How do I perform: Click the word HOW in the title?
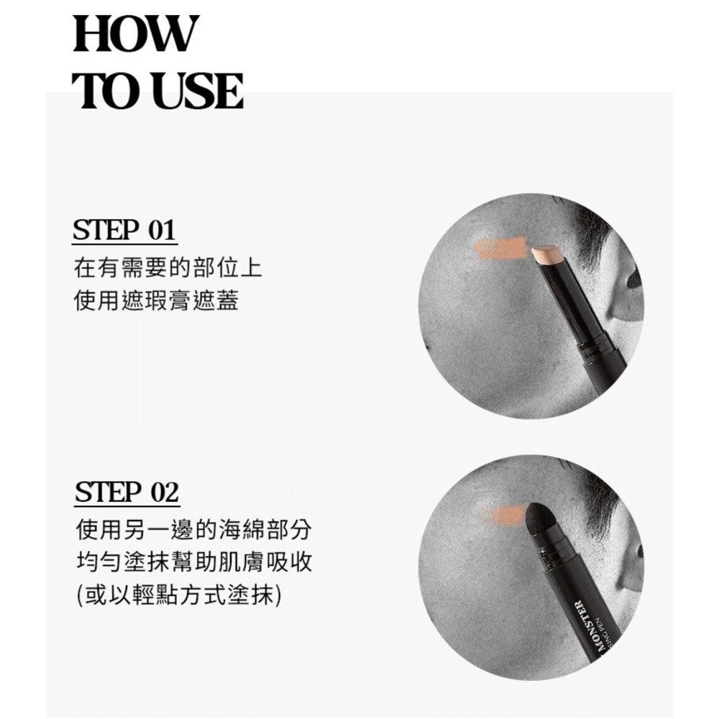[136, 34]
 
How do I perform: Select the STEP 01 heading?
[124, 230]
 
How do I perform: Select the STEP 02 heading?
[127, 493]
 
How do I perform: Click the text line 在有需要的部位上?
[168, 268]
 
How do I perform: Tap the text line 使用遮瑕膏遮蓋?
[156, 301]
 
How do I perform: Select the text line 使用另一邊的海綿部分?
[193, 530]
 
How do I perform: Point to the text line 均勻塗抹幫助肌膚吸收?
[193, 562]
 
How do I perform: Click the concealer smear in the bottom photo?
[507, 515]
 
